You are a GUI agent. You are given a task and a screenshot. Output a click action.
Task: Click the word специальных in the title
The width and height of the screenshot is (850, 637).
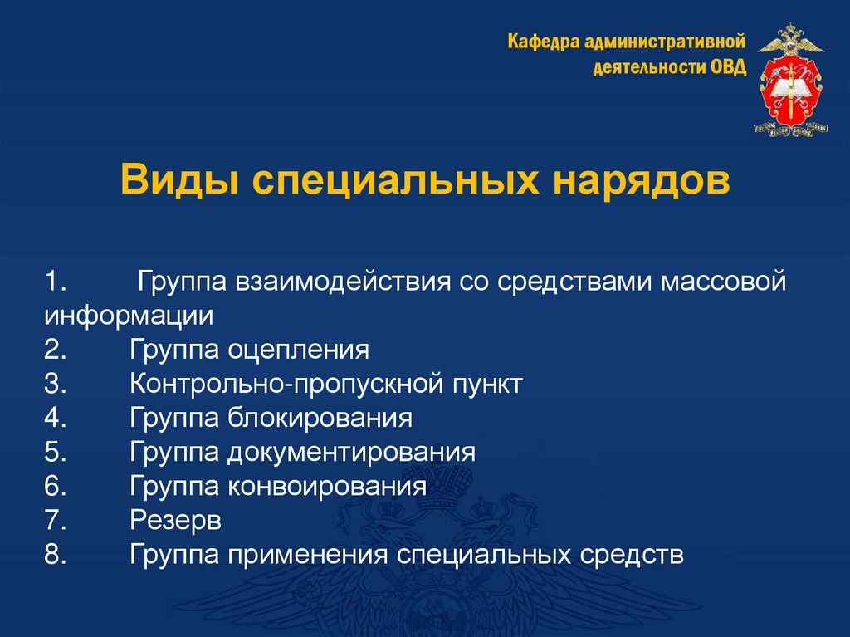390,181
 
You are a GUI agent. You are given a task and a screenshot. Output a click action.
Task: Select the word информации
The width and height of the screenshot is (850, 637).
129,315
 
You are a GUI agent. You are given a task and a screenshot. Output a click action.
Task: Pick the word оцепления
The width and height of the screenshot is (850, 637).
296,349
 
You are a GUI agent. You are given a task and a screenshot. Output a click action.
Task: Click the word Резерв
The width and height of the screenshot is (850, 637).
175,520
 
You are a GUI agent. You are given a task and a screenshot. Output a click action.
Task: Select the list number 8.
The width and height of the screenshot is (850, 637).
55,554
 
